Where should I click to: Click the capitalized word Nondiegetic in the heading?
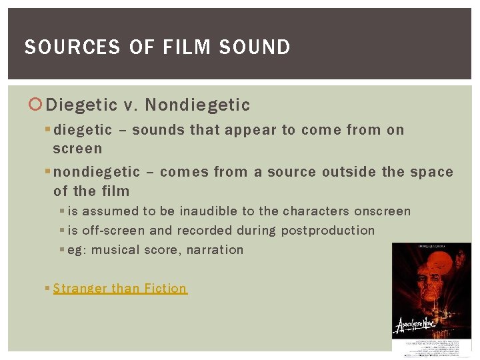197,105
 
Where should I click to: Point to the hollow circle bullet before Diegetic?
36,105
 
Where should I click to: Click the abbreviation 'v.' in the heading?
129,105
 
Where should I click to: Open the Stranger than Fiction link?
120,288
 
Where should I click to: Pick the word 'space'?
431,172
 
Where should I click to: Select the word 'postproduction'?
328,231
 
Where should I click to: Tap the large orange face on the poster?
427,280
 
